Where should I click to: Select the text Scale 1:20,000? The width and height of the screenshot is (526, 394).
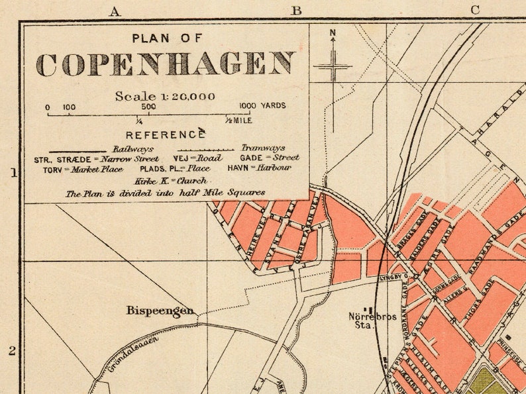tap(165, 96)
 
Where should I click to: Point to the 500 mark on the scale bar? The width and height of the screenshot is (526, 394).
tap(148, 106)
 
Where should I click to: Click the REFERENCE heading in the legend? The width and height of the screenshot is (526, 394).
tap(165, 135)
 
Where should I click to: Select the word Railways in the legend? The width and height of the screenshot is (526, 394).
tap(132, 148)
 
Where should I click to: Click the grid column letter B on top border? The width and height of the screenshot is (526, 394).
tap(296, 11)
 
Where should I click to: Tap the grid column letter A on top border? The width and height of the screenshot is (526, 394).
tap(114, 11)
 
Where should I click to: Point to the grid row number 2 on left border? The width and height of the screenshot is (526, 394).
tap(11, 351)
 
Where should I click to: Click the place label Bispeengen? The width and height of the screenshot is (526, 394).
tap(160, 310)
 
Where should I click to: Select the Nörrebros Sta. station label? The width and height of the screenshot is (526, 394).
tap(372, 320)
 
